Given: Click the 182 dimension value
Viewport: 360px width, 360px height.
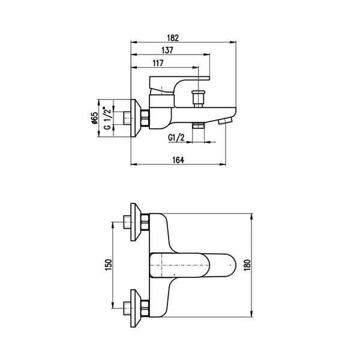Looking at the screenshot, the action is click(x=173, y=38).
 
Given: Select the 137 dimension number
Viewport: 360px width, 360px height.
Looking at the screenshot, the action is click(x=167, y=50).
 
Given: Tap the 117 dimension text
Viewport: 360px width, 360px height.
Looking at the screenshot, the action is click(x=158, y=63).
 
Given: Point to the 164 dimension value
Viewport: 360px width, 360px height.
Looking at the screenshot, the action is click(x=178, y=160).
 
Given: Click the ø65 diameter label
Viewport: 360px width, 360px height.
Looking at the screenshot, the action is click(x=94, y=118).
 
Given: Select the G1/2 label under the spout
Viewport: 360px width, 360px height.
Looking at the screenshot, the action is click(x=176, y=138).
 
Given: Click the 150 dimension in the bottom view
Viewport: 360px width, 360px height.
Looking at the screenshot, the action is click(x=108, y=265).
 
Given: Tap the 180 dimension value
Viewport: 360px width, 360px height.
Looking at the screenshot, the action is click(x=247, y=265).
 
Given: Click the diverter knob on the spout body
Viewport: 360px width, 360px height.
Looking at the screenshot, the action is click(x=198, y=99).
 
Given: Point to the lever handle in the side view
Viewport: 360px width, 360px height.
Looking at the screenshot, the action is click(x=179, y=85).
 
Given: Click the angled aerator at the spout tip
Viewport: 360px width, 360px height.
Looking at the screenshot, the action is click(x=226, y=121).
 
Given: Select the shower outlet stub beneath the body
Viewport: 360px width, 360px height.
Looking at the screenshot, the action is click(x=198, y=125).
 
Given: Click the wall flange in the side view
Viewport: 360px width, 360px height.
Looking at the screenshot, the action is click(x=136, y=118).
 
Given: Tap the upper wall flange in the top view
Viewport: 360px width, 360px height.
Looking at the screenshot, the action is click(x=136, y=222).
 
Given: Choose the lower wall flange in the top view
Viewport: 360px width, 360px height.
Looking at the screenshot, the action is click(x=136, y=308).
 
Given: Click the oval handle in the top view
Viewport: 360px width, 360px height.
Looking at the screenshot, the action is click(x=193, y=265).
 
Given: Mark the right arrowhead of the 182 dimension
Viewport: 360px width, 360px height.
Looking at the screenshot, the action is click(x=233, y=42).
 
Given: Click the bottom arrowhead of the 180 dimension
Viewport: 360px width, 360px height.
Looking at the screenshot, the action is click(x=252, y=314).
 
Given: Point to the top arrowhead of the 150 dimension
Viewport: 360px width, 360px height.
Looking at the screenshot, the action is click(x=113, y=225).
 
